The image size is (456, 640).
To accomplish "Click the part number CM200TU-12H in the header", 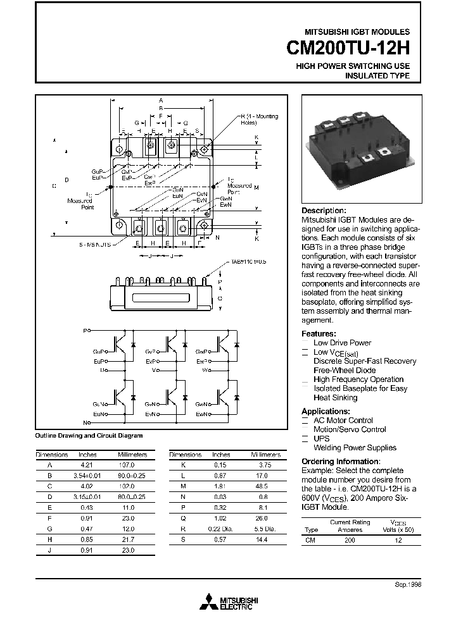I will [348, 48].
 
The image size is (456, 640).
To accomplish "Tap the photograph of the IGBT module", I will [358, 151].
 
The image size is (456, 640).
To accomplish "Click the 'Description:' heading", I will [324, 211].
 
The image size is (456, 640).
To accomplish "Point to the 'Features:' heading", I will [319, 334].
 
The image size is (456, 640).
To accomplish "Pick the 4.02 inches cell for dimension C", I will [87, 486].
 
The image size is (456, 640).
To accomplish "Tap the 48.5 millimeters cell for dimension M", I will [265, 486].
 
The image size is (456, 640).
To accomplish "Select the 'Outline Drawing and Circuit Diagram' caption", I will [89, 436].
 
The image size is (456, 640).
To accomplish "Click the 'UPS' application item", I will [322, 438].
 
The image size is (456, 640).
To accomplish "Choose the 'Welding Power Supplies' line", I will [355, 448].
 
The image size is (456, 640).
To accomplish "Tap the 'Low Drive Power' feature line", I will [343, 343].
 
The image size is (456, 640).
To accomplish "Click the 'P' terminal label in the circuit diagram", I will [86, 330].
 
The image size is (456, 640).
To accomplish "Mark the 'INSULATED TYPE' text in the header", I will [377, 76].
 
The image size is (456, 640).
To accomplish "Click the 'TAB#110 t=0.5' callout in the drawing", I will [250, 261].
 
